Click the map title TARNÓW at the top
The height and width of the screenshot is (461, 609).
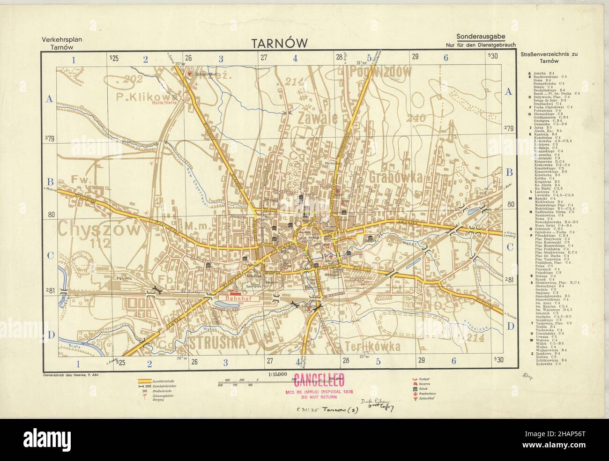(280, 43)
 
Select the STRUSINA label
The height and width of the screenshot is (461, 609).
(218, 343)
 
